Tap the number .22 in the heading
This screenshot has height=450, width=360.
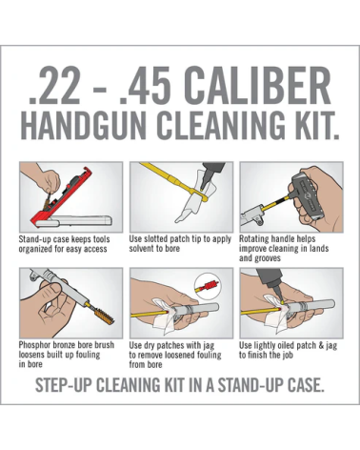coord(54,86)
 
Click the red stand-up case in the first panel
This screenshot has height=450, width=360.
coord(62,197)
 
